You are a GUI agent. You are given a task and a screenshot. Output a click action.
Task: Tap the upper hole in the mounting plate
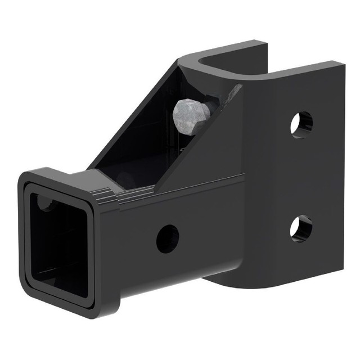pyautogui.click(x=301, y=124)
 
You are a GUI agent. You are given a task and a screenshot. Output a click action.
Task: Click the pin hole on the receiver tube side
pyautogui.click(x=167, y=238)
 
